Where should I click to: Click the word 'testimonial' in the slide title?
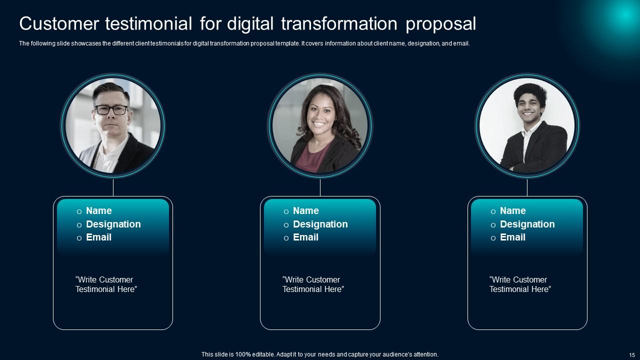148,23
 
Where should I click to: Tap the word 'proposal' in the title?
441,24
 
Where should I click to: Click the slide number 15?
631,355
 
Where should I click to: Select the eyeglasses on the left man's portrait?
111,109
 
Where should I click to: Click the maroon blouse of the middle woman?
312,157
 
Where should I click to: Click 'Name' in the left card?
99,211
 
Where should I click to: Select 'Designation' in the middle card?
320,224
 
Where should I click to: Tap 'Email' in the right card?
512,237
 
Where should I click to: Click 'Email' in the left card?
98,237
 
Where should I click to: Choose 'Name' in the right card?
513,211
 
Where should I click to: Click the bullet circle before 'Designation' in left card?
79,225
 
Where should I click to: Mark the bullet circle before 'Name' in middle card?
286,211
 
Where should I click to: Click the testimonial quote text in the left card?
106,284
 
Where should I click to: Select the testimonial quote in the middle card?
313,284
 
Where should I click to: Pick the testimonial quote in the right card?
520,284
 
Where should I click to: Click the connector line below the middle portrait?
320,187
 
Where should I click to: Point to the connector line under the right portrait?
527,187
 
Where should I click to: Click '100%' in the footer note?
243,354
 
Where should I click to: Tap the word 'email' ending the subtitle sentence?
461,43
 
